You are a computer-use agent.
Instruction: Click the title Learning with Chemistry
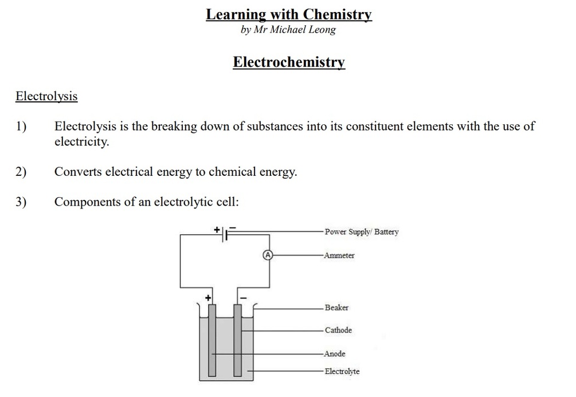[289, 14]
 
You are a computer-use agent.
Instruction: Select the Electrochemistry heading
[289, 62]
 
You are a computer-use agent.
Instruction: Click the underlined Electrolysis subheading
[46, 96]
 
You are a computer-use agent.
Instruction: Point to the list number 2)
[21, 171]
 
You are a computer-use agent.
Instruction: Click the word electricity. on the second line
[81, 141]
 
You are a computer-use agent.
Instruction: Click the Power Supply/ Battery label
[361, 232]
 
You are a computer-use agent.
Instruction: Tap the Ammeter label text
[339, 256]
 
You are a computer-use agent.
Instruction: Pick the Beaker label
[336, 308]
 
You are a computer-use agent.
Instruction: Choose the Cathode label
[338, 331]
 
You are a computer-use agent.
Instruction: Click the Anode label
[335, 354]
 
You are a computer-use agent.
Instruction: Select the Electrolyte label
[342, 372]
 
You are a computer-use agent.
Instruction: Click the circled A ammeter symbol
[267, 255]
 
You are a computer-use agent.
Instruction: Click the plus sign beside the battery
[217, 229]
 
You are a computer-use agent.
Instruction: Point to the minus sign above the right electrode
[243, 298]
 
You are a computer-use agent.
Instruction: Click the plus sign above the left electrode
[209, 298]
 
